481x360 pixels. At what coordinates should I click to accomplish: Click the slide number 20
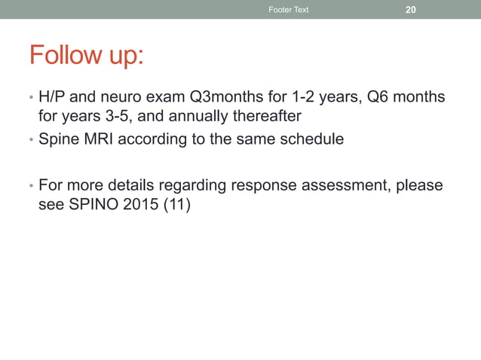[x=411, y=10]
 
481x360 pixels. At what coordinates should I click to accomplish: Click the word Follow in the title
[x=64, y=55]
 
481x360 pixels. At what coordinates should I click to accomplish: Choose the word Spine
[x=57, y=140]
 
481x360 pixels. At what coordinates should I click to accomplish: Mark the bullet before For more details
[x=30, y=185]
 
